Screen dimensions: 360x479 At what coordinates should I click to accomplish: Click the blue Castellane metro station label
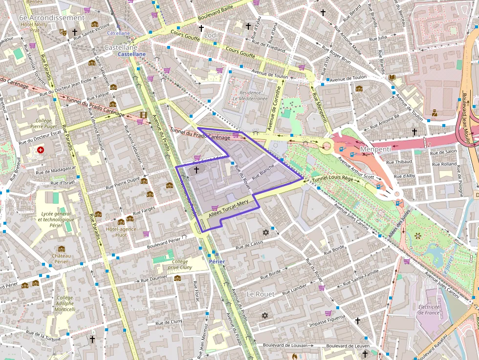click(x=131, y=54)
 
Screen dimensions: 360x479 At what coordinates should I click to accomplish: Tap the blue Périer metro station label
click(x=217, y=262)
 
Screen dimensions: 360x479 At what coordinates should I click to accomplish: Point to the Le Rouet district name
click(x=260, y=294)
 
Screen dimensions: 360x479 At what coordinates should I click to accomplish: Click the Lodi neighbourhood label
click(x=211, y=35)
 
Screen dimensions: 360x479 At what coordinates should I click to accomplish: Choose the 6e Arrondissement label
click(x=51, y=18)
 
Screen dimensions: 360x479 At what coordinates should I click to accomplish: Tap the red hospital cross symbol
click(x=41, y=150)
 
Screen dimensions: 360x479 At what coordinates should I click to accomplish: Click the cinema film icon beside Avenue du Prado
click(x=143, y=115)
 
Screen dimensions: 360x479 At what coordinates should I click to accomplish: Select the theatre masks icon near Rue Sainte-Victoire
click(x=63, y=32)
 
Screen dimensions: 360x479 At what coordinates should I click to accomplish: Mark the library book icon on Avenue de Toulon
click(x=392, y=78)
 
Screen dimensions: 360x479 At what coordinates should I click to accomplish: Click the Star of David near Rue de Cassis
click(x=266, y=232)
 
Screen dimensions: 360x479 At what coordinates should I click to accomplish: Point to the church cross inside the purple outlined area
click(x=196, y=170)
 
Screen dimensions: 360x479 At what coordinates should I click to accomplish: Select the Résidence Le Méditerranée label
click(x=250, y=95)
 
